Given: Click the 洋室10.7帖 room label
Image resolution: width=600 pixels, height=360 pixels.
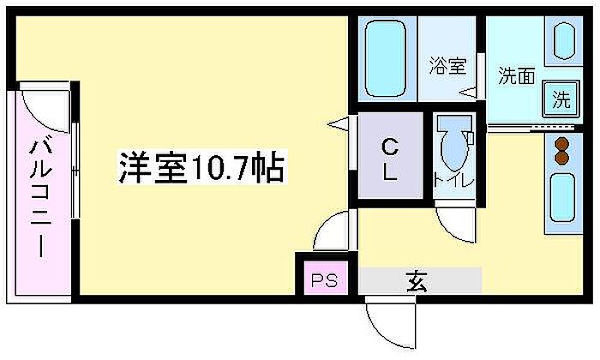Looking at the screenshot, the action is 201,167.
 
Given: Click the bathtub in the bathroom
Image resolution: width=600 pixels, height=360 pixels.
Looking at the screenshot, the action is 385,58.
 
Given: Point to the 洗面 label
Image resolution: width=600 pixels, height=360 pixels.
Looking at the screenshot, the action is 516,75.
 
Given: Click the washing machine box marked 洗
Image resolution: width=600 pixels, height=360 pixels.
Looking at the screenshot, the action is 561,99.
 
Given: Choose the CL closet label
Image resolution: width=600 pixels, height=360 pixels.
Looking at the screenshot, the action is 390,159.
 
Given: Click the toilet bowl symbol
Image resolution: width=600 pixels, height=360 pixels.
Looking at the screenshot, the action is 455,144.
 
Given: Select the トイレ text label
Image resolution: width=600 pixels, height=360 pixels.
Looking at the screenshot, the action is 453,180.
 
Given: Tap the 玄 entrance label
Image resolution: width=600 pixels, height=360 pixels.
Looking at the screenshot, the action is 417,281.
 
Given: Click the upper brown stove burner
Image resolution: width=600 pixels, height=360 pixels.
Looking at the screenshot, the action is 561,144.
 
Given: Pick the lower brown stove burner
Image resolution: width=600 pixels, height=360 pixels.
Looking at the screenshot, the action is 561,158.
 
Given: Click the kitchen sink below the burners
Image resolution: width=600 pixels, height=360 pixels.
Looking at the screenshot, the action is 562,198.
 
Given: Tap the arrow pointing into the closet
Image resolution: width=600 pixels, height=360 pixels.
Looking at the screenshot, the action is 338,124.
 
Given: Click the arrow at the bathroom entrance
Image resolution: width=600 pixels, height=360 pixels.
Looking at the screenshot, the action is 468,93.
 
